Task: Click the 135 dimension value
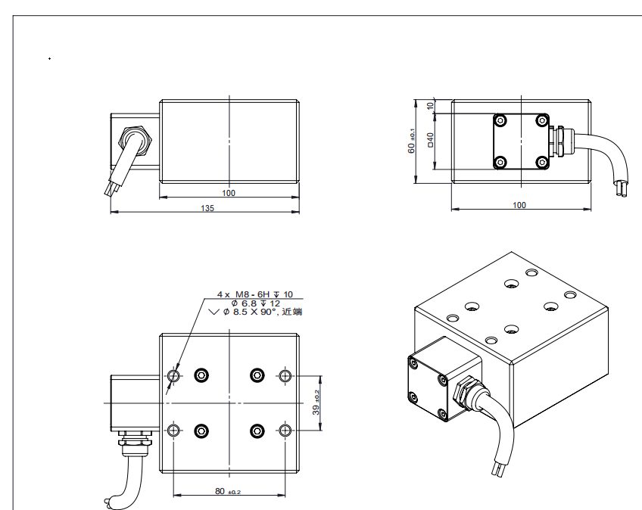tap(207, 208)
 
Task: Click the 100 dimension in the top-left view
tap(229, 193)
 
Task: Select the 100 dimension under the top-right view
tap(519, 205)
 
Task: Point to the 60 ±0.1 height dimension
tap(412, 141)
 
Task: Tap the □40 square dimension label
tap(430, 139)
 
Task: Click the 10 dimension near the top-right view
tap(430, 105)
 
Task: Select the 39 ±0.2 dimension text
tap(316, 403)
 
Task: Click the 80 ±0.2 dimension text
tap(228, 491)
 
